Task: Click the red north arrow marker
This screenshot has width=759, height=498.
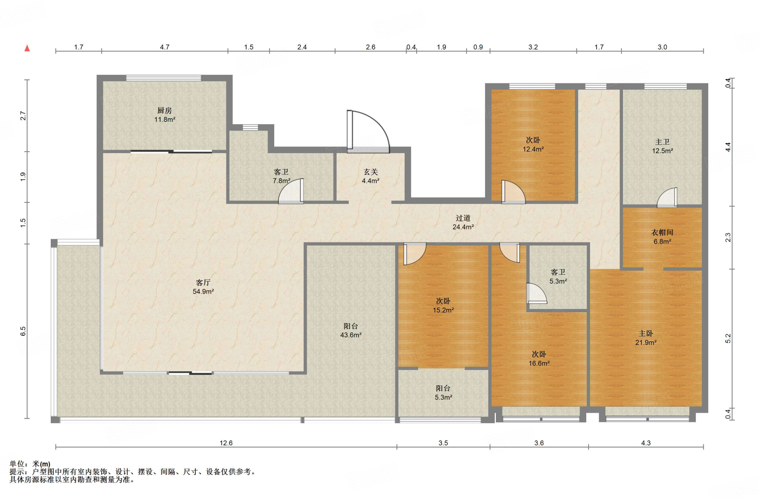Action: [x=27, y=48]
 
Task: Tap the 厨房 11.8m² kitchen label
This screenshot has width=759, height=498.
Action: [x=165, y=115]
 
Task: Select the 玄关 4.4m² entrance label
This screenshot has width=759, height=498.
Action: [x=371, y=176]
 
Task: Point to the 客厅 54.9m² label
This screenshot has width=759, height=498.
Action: [x=203, y=287]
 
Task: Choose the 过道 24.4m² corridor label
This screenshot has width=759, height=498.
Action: [x=463, y=222]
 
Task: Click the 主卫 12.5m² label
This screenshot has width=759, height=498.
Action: [x=662, y=146]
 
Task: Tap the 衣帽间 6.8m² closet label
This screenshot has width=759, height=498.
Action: [x=662, y=237]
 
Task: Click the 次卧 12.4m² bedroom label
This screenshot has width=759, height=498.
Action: [x=533, y=145]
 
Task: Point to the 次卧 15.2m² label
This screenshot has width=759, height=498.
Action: [x=443, y=306]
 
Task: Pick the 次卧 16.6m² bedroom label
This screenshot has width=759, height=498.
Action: [x=539, y=359]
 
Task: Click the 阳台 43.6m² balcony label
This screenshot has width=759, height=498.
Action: [x=351, y=330]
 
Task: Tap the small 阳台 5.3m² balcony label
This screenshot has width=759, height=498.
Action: [x=443, y=393]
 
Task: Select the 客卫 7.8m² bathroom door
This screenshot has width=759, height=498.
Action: [x=291, y=191]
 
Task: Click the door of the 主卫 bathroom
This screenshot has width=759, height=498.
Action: [x=667, y=198]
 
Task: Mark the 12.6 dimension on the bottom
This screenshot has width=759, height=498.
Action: [x=226, y=443]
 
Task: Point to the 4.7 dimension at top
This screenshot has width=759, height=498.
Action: [x=165, y=47]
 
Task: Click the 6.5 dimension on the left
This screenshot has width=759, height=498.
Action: [x=23, y=331]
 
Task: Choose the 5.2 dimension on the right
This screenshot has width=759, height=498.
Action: [x=728, y=339]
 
